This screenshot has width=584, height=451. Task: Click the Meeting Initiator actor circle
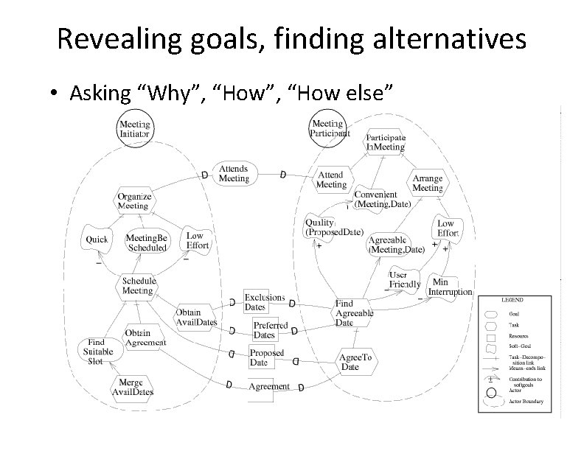pos(134,129)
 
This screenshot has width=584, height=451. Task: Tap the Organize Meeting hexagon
pos(133,200)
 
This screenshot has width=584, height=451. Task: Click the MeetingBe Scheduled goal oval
pos(147,242)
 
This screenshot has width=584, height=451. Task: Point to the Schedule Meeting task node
pos(138,286)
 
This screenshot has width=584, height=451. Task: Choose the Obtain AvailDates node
pos(196,317)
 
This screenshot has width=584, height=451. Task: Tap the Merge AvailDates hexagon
pos(133,388)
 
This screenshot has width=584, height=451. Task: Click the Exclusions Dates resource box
pos(263,302)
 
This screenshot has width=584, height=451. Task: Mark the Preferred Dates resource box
pos(270,329)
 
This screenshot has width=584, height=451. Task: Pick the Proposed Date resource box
pos(266,357)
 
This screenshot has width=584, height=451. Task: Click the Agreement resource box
pos(268,386)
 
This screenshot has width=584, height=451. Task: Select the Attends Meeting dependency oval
pos(234,173)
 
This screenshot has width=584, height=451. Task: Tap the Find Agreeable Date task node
pos(354,312)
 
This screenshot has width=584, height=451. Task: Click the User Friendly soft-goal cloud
pos(404,280)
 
